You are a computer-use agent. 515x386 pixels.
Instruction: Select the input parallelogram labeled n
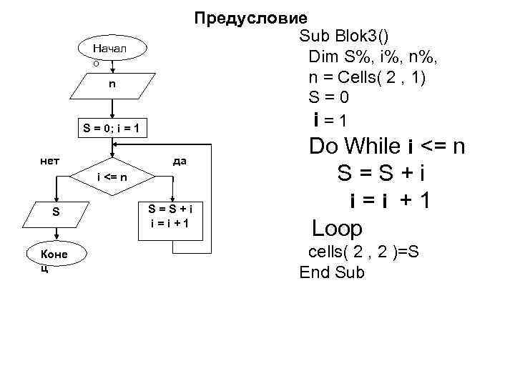112,85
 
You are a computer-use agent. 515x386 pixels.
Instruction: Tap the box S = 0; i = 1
112,129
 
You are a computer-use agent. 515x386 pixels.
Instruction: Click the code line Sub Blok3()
344,36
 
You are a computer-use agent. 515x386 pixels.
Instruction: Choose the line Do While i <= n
387,147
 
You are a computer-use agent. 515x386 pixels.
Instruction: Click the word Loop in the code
338,228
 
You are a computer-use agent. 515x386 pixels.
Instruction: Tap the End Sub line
332,272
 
